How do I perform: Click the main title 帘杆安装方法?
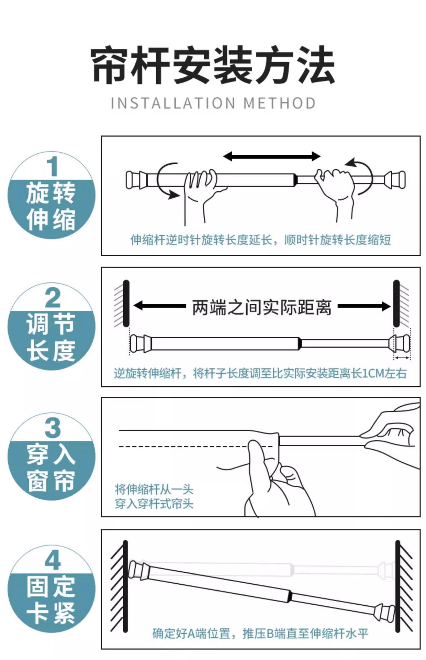coord(213,65)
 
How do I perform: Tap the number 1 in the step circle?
coord(52,167)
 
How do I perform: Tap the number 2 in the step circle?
coord(53,298)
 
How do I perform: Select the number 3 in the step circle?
coord(53,428)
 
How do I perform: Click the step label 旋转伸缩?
coord(51,206)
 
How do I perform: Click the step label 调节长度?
coord(51,337)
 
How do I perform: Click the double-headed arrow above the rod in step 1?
coord(271,156)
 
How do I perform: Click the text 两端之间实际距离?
coord(262,307)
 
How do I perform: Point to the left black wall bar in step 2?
coord(126,304)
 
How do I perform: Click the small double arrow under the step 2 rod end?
coord(402,358)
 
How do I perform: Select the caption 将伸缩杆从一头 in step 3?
coord(154,489)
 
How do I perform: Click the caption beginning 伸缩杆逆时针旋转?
coord(260,240)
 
